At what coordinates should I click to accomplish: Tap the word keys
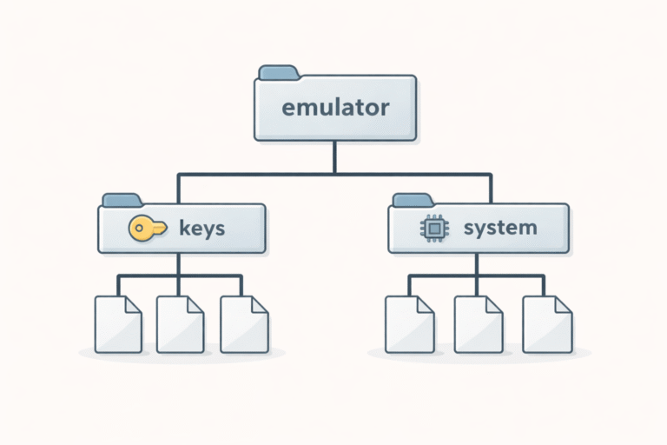pyautogui.click(x=201, y=229)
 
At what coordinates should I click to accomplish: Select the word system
pyautogui.click(x=499, y=229)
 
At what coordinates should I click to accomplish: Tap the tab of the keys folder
pyautogui.click(x=122, y=200)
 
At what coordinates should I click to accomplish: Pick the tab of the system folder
pyautogui.click(x=413, y=200)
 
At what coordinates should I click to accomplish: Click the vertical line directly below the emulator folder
pyautogui.click(x=335, y=156)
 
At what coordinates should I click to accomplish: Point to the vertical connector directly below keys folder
pyautogui.click(x=179, y=264)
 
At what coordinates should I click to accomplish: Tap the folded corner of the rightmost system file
pyautogui.click(x=564, y=304)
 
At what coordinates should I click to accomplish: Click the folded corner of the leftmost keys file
pyautogui.click(x=133, y=304)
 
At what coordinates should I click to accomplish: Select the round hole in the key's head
pyautogui.click(x=139, y=229)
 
